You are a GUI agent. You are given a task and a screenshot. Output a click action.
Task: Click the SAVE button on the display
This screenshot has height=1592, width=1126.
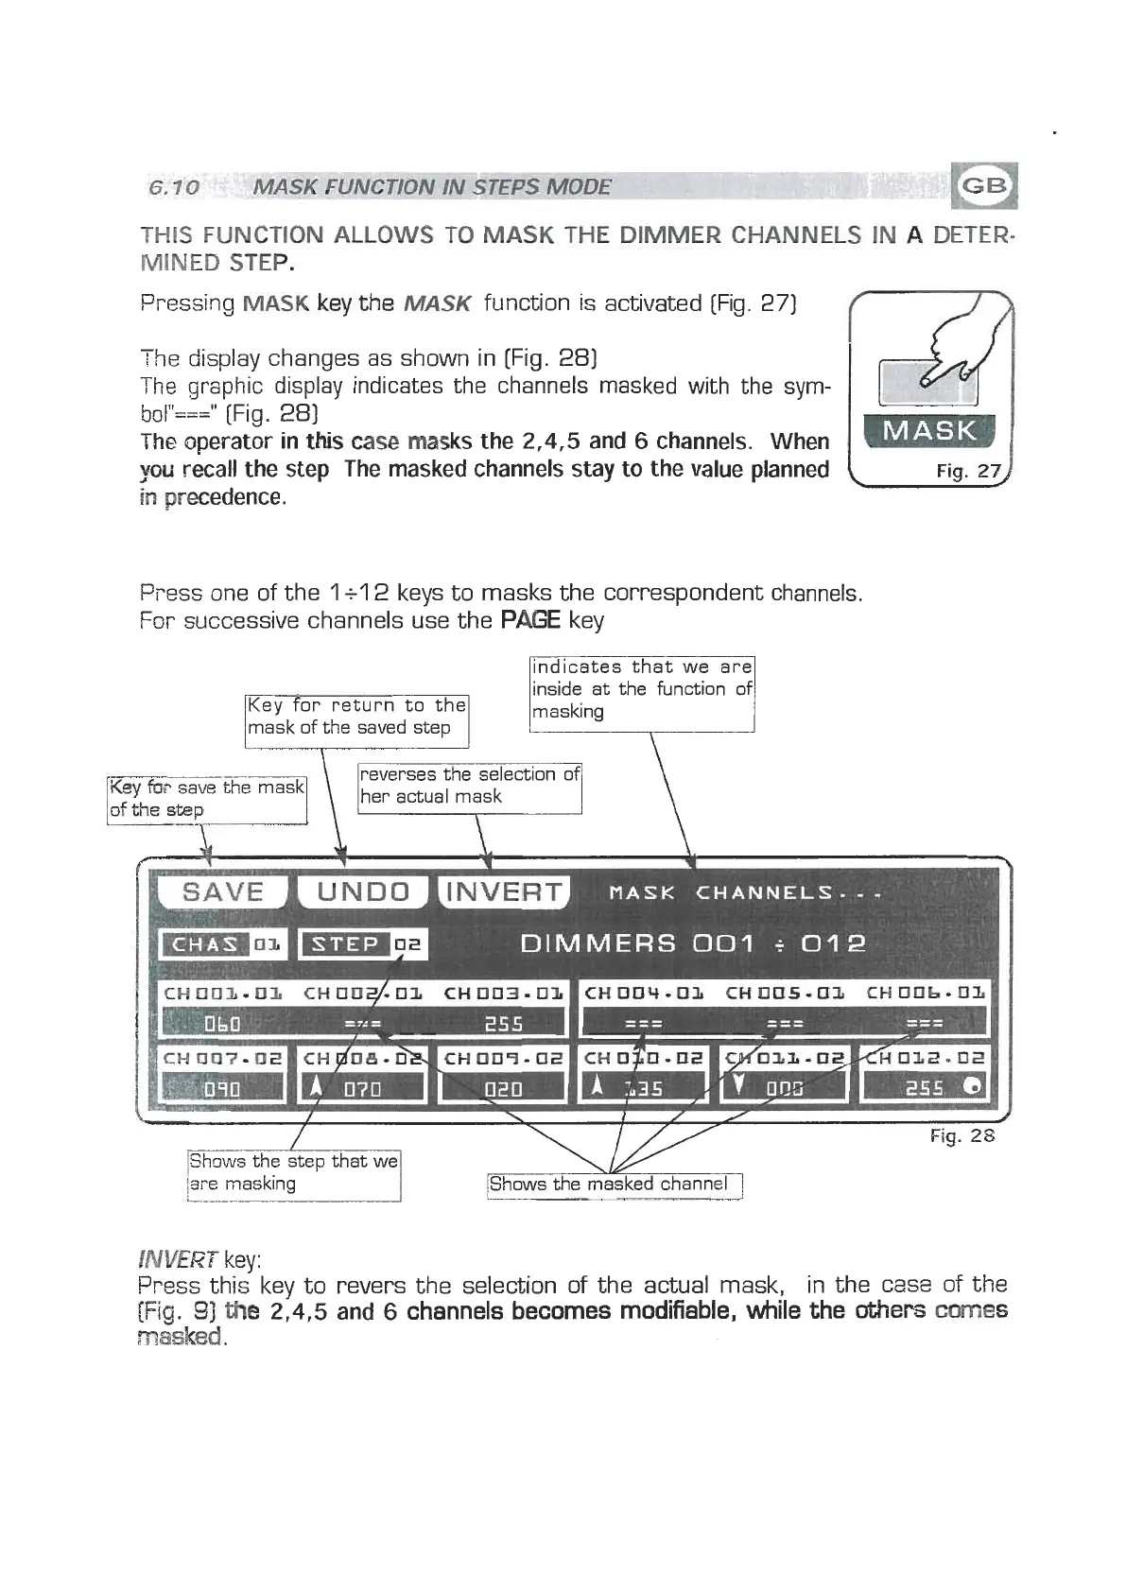[223, 892]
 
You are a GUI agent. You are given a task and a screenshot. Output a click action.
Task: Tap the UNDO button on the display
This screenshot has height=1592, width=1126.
[363, 892]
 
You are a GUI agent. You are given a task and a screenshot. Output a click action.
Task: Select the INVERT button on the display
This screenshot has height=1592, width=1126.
[503, 892]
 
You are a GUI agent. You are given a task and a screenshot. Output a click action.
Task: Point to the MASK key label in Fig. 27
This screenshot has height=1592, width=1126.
[930, 432]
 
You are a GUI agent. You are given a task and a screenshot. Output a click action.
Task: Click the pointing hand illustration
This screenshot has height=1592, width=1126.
[955, 350]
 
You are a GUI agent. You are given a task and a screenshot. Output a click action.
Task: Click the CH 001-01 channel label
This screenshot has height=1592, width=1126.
[223, 994]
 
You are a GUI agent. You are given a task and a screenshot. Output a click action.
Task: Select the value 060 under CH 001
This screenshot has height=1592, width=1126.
[223, 1024]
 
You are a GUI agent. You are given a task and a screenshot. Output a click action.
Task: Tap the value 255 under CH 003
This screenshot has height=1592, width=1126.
[503, 1024]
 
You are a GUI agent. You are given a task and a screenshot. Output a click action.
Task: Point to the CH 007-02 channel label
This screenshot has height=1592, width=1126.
[223, 1058]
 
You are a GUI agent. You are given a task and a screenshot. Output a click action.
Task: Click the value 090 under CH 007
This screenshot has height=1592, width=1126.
[223, 1090]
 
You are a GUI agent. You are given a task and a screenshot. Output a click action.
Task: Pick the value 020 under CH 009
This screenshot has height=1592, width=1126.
[503, 1090]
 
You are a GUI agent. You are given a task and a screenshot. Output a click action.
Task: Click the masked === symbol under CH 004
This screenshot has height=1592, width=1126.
[644, 1024]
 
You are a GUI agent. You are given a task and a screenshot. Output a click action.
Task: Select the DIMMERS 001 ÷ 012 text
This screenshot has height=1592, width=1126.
[692, 944]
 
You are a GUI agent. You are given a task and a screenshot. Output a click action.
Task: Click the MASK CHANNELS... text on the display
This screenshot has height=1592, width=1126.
[745, 893]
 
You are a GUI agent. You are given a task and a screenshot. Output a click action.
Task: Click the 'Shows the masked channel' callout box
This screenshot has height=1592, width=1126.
[615, 1185]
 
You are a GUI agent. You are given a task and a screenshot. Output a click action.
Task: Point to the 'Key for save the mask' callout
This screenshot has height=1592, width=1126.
[206, 799]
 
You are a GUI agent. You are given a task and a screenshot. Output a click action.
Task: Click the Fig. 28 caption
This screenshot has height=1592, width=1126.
[962, 1135]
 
